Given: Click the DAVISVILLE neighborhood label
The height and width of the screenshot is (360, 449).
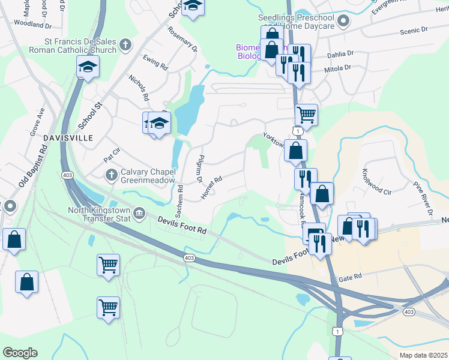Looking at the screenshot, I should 71,138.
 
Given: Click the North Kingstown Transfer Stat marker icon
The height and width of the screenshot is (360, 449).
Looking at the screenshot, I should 139,212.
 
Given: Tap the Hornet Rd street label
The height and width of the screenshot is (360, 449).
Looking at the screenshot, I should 211,187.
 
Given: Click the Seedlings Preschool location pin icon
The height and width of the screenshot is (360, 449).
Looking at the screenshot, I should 343,22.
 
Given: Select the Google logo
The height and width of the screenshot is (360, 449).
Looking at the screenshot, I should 20,353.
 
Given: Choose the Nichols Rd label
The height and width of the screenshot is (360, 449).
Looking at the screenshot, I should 139,87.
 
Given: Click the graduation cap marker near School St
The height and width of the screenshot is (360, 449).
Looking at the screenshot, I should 88,68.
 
